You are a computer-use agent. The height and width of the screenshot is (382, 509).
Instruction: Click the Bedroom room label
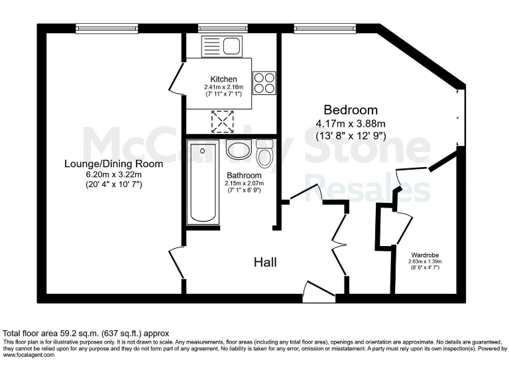pos(350,109)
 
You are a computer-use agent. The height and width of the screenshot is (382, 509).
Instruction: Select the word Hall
pos(265,262)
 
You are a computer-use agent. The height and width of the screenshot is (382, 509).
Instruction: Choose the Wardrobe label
pos(424,255)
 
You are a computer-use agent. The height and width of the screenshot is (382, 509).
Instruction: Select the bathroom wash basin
pos(237,149)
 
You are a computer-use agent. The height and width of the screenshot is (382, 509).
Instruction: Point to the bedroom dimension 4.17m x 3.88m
pos(350,123)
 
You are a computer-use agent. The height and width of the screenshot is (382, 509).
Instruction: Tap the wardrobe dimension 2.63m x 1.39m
pos(424,261)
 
